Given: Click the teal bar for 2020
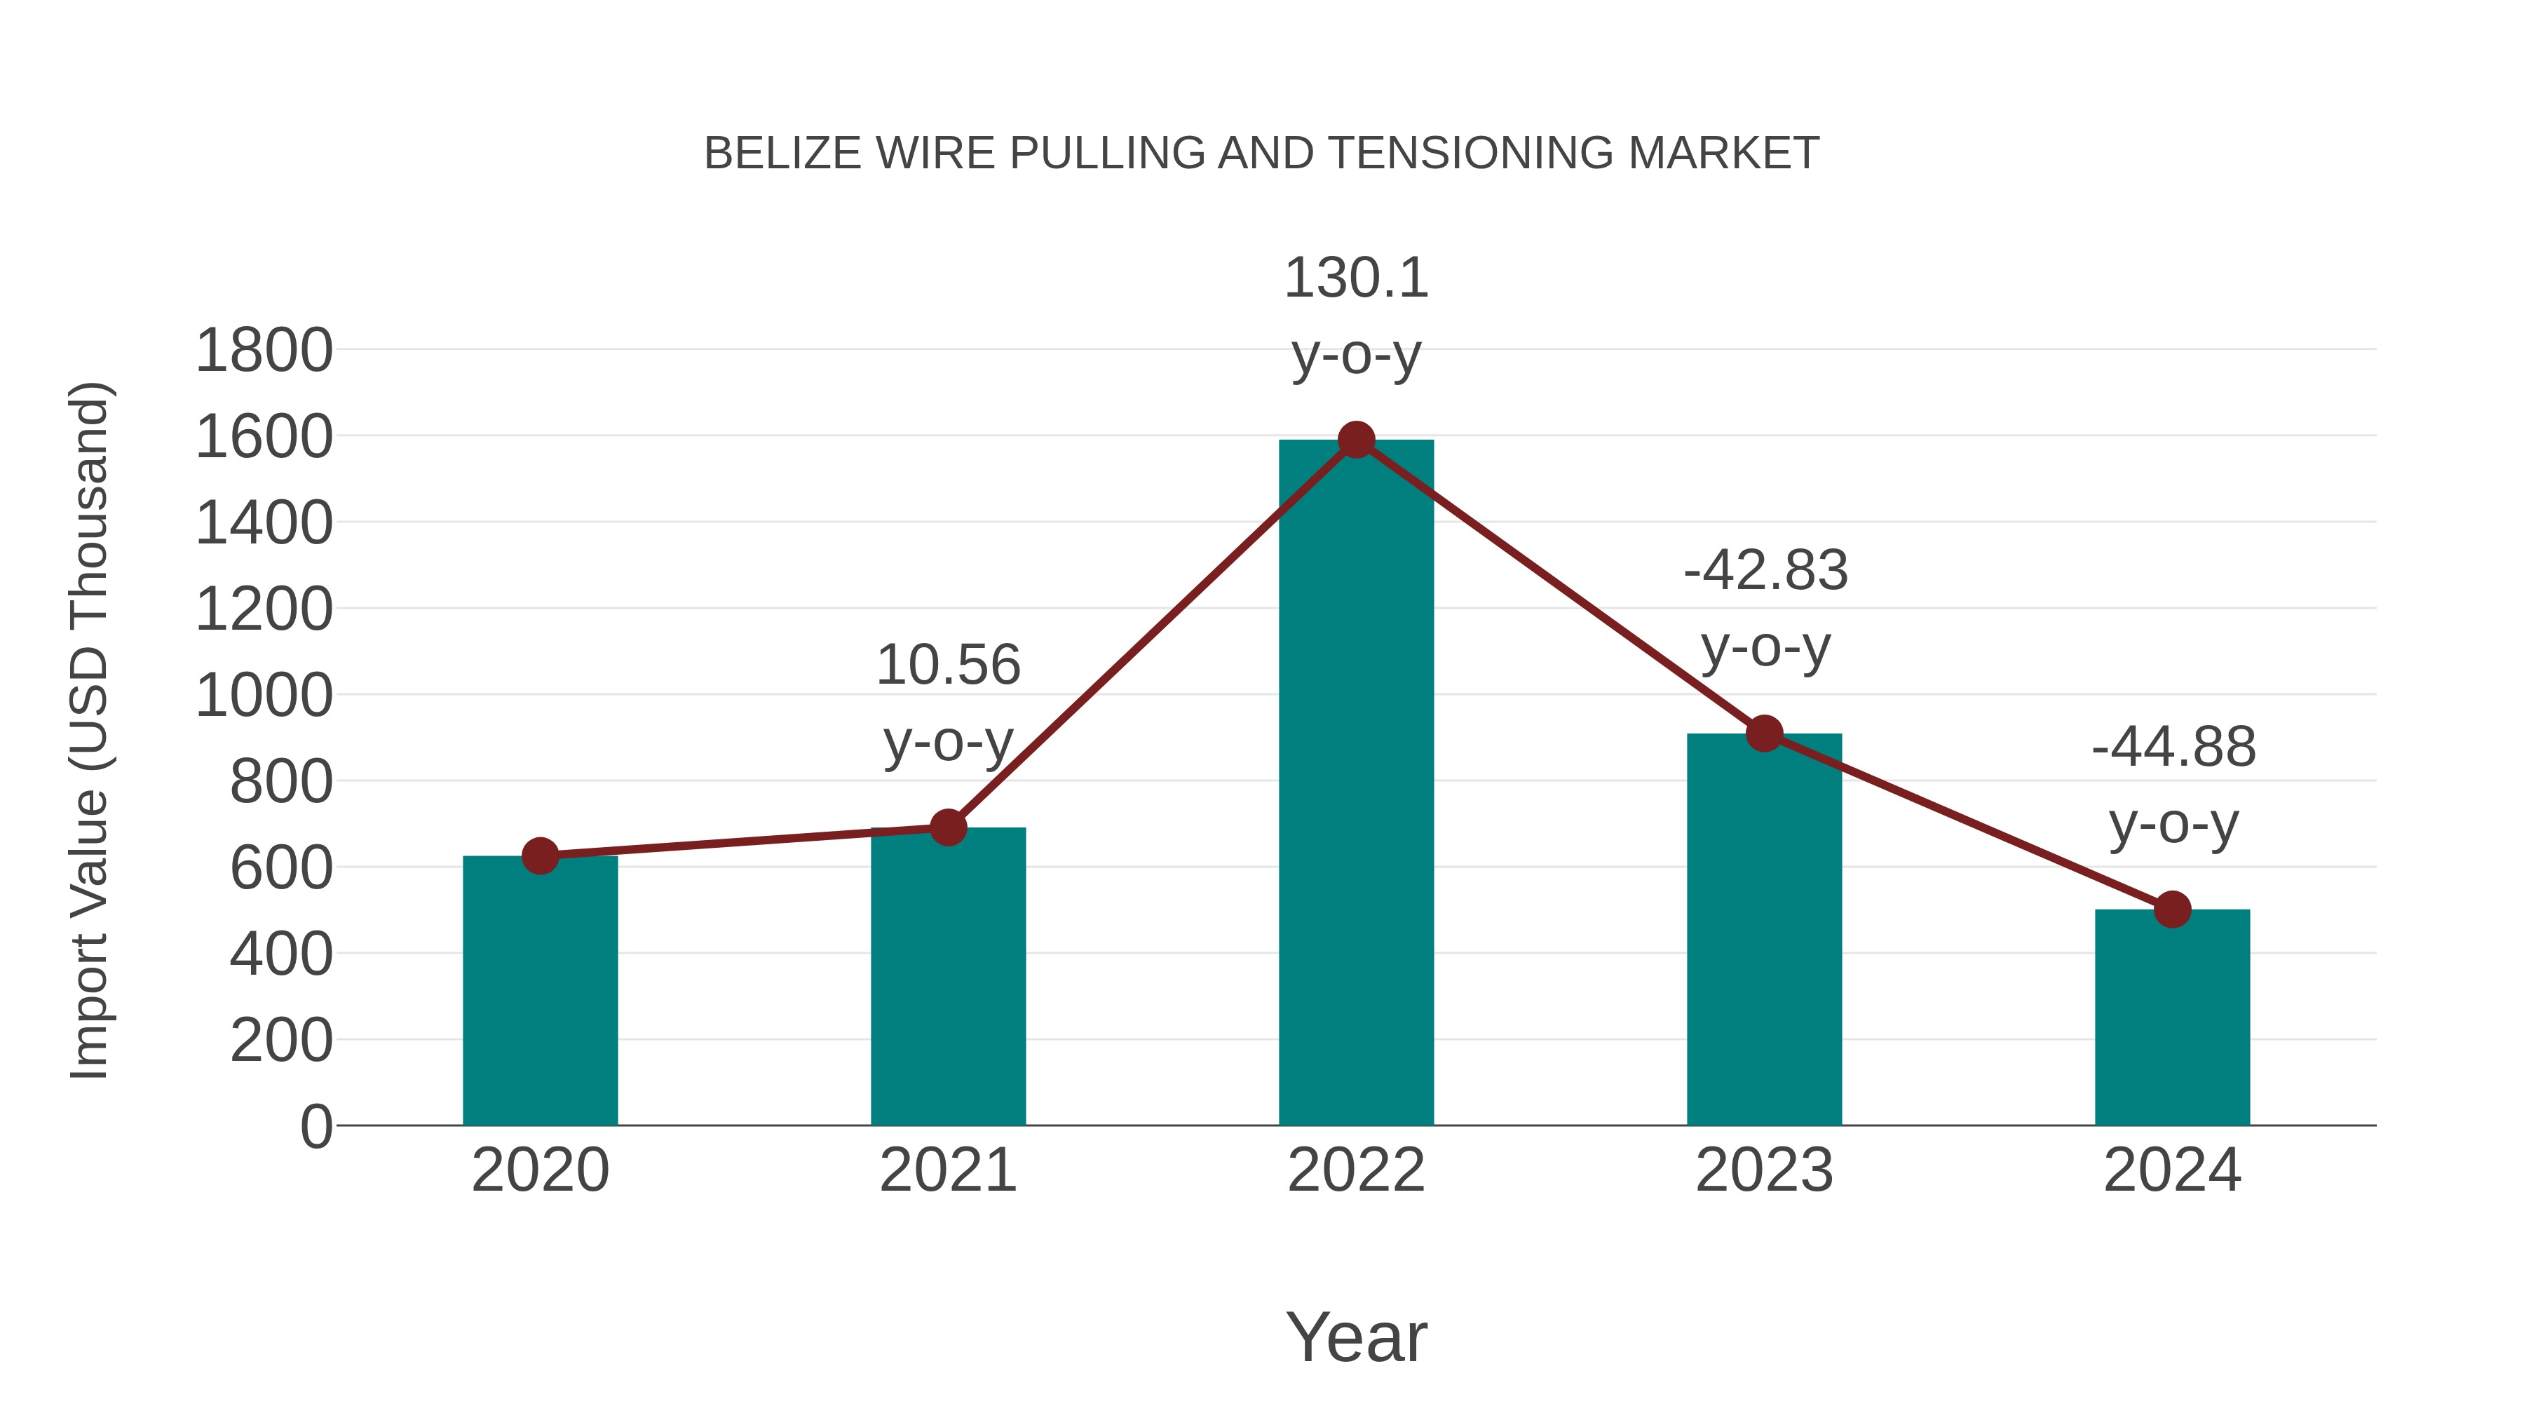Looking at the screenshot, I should coord(540,989).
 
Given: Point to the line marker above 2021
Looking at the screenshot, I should coord(947,828).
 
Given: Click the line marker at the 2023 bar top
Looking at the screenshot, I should coord(1764,733).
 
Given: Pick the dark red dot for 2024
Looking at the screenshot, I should coord(2172,910).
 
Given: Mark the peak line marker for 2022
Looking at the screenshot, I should coord(1356,440).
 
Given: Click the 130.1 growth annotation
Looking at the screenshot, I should coord(1356,278).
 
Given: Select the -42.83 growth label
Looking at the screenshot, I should coord(1765,570).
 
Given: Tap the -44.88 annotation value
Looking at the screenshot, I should coord(2173,748).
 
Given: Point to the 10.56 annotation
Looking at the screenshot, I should coord(947,665).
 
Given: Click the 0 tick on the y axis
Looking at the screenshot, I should coord(316,1127).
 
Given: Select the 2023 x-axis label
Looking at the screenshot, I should coord(1764,1170).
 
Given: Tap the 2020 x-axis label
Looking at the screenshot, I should coord(540,1170).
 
